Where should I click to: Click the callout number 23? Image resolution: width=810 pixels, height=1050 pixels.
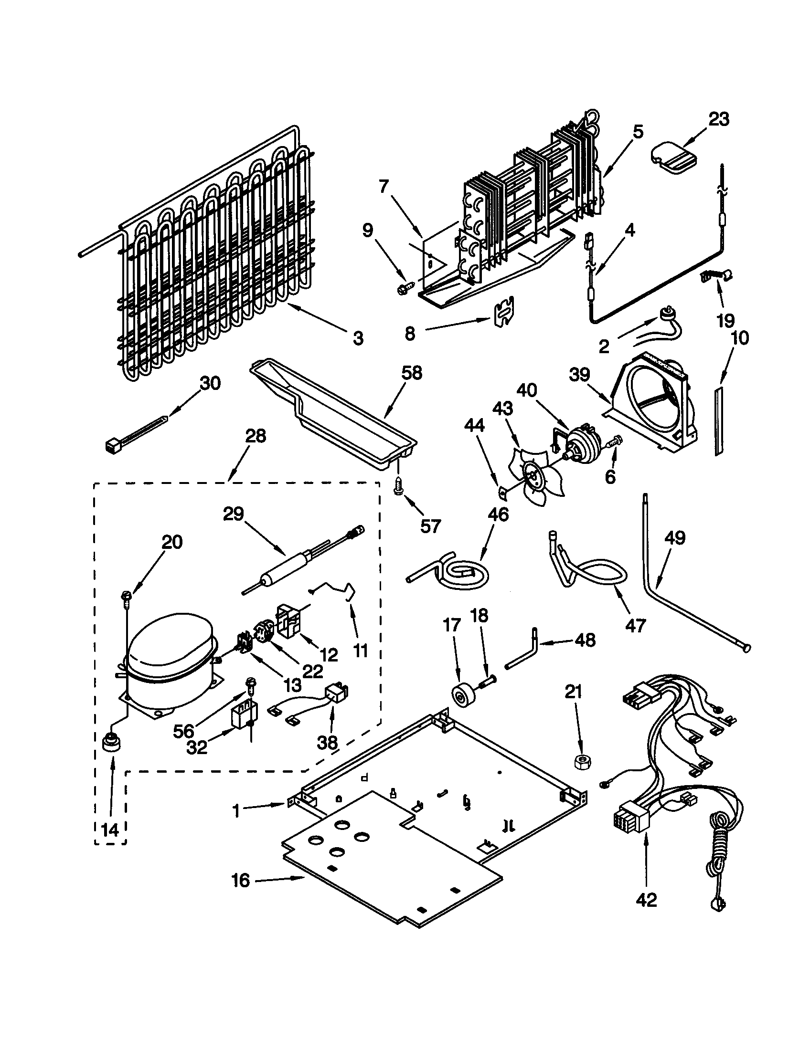pyautogui.click(x=719, y=119)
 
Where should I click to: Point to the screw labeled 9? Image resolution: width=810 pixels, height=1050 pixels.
pyautogui.click(x=402, y=289)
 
